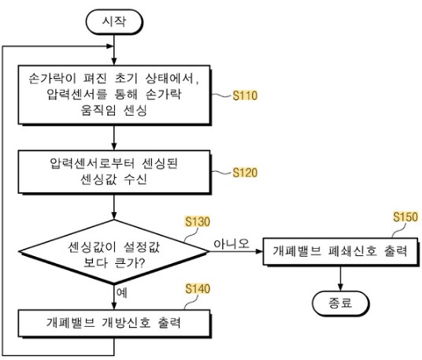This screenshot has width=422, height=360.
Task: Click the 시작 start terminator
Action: pyautogui.click(x=114, y=22)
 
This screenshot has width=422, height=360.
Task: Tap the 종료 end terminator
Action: pyautogui.click(x=340, y=303)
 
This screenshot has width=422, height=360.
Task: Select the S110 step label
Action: pyautogui.click(x=245, y=95)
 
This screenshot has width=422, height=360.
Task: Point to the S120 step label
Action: pyautogui.click(x=245, y=173)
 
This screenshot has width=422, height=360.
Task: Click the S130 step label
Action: pyautogui.click(x=198, y=221)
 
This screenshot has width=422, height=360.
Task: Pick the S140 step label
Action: pyautogui.click(x=198, y=288)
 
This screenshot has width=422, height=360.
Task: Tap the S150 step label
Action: pyautogui.click(x=405, y=217)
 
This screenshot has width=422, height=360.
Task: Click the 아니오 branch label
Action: pyautogui.click(x=231, y=243)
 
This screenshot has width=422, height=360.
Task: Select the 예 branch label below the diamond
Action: pyautogui.click(x=122, y=293)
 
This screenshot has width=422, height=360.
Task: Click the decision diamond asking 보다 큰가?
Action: pyautogui.click(x=114, y=252)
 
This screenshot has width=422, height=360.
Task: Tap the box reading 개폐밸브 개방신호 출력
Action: pyautogui.click(x=114, y=324)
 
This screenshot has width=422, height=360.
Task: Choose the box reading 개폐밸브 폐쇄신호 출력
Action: pyautogui.click(x=340, y=252)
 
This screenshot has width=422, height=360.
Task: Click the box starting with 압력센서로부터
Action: pyautogui.click(x=114, y=172)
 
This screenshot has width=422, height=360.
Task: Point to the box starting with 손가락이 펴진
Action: pyautogui.click(x=114, y=95)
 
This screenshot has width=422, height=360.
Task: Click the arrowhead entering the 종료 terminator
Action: pyautogui.click(x=340, y=288)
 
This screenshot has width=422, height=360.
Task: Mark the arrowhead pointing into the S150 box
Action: pyautogui.click(x=259, y=251)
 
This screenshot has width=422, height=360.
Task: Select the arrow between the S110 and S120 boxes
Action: pyautogui.click(x=114, y=137)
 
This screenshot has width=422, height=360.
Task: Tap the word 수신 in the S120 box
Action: pyautogui.click(x=135, y=179)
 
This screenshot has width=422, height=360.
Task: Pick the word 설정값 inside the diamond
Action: pyautogui.click(x=142, y=247)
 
